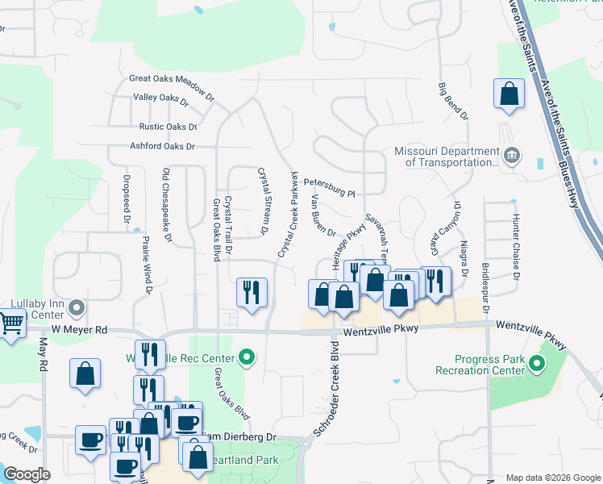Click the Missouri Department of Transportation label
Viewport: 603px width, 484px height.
446,156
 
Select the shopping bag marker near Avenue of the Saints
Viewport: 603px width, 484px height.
509,94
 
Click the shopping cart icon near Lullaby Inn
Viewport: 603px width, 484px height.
10,325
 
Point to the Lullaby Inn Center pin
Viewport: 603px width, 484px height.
77,307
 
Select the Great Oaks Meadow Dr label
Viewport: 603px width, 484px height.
172,79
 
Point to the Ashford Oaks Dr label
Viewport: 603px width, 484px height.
162,147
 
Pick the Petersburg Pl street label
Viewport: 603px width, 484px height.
329,194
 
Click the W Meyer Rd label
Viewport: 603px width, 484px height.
79,330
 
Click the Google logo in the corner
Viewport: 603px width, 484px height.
27,474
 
